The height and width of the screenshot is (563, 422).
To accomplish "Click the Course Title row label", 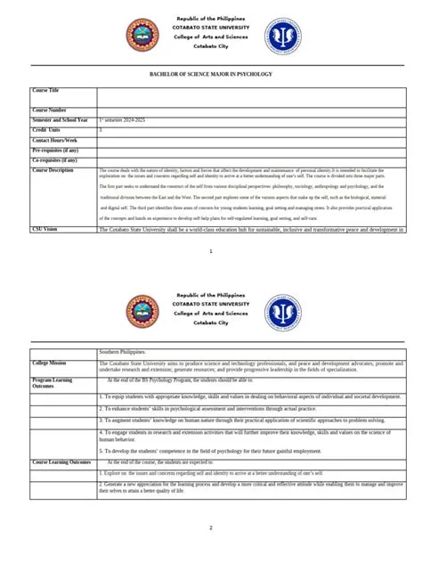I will click(x=45, y=91).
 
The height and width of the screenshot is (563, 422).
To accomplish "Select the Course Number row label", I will click(x=48, y=110).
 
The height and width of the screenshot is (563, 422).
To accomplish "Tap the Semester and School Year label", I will click(x=60, y=119).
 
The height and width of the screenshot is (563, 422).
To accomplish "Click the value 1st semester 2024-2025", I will click(x=126, y=120).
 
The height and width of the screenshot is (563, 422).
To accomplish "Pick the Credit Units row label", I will click(x=46, y=130).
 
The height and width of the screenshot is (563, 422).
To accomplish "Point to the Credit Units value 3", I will click(x=101, y=130).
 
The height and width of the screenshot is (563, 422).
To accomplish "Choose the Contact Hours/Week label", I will click(x=55, y=140).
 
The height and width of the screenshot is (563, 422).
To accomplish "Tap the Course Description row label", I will click(x=53, y=170).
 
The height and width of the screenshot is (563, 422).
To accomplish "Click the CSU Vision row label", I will click(x=45, y=229).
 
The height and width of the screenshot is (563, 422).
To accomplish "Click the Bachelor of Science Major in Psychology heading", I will click(x=211, y=74).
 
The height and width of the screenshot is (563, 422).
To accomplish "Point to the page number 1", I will click(x=211, y=252).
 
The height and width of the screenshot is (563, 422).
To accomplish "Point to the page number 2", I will click(x=211, y=528).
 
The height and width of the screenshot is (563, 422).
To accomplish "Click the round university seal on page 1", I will click(x=143, y=35).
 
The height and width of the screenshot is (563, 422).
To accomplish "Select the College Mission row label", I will click(x=49, y=363).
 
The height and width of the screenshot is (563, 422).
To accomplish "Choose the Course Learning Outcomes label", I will click(x=61, y=462).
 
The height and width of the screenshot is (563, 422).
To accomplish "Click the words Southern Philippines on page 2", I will click(x=123, y=353).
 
